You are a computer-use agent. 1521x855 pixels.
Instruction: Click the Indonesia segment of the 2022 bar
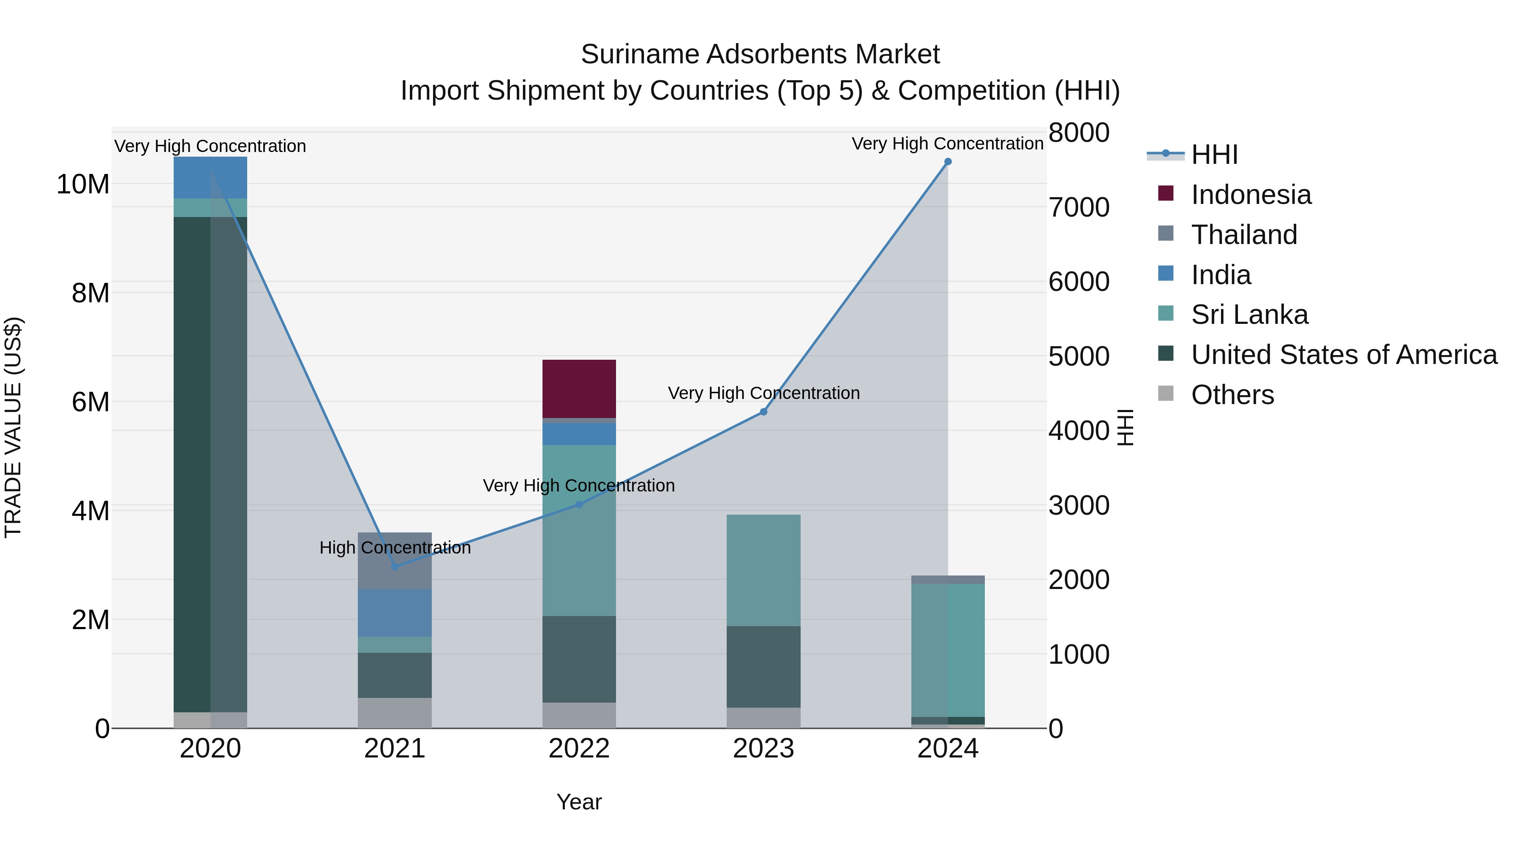pos(579,388)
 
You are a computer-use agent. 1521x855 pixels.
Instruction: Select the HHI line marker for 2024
pos(948,162)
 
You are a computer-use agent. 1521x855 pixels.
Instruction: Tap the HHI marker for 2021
pos(395,567)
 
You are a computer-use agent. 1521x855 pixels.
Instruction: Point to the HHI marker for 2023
pos(763,412)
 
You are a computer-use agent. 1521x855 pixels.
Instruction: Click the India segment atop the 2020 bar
pos(210,177)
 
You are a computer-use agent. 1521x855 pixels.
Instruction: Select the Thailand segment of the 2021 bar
pos(395,561)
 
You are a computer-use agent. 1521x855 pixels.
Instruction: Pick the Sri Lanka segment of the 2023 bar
pos(763,570)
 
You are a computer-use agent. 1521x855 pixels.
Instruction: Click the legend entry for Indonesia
pos(1251,195)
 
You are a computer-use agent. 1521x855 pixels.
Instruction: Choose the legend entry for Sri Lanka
pos(1249,315)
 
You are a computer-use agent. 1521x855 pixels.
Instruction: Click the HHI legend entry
pos(1213,155)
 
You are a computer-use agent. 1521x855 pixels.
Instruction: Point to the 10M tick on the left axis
pos(83,185)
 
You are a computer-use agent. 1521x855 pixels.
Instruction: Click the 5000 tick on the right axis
pos(1078,356)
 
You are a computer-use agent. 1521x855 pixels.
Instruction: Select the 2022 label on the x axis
pos(579,749)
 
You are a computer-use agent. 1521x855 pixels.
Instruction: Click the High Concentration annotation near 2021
pos(395,548)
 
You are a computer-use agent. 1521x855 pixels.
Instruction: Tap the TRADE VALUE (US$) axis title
pos(14,427)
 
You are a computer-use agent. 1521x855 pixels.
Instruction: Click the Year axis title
pos(579,802)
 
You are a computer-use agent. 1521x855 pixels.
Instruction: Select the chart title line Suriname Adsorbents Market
pos(760,54)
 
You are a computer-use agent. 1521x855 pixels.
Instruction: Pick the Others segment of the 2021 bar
pos(395,713)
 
